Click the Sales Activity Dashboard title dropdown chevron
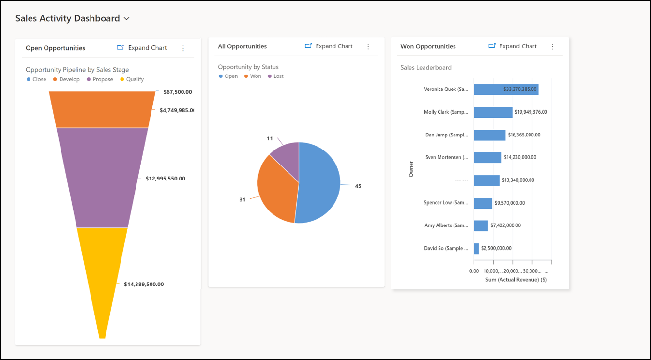coord(127,19)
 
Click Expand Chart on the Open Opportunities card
coord(142,48)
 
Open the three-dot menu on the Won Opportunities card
coord(552,46)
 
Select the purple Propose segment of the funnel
coord(102,178)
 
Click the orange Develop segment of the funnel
coord(102,110)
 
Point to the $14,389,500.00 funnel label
coord(144,284)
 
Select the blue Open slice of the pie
coord(319,184)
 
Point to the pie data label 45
coord(358,186)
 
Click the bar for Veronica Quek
coord(506,90)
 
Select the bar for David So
coord(476,248)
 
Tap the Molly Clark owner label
coord(446,112)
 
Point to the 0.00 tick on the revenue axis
coord(474,271)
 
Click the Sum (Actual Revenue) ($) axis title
coord(515,280)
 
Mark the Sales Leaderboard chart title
coord(425,68)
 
